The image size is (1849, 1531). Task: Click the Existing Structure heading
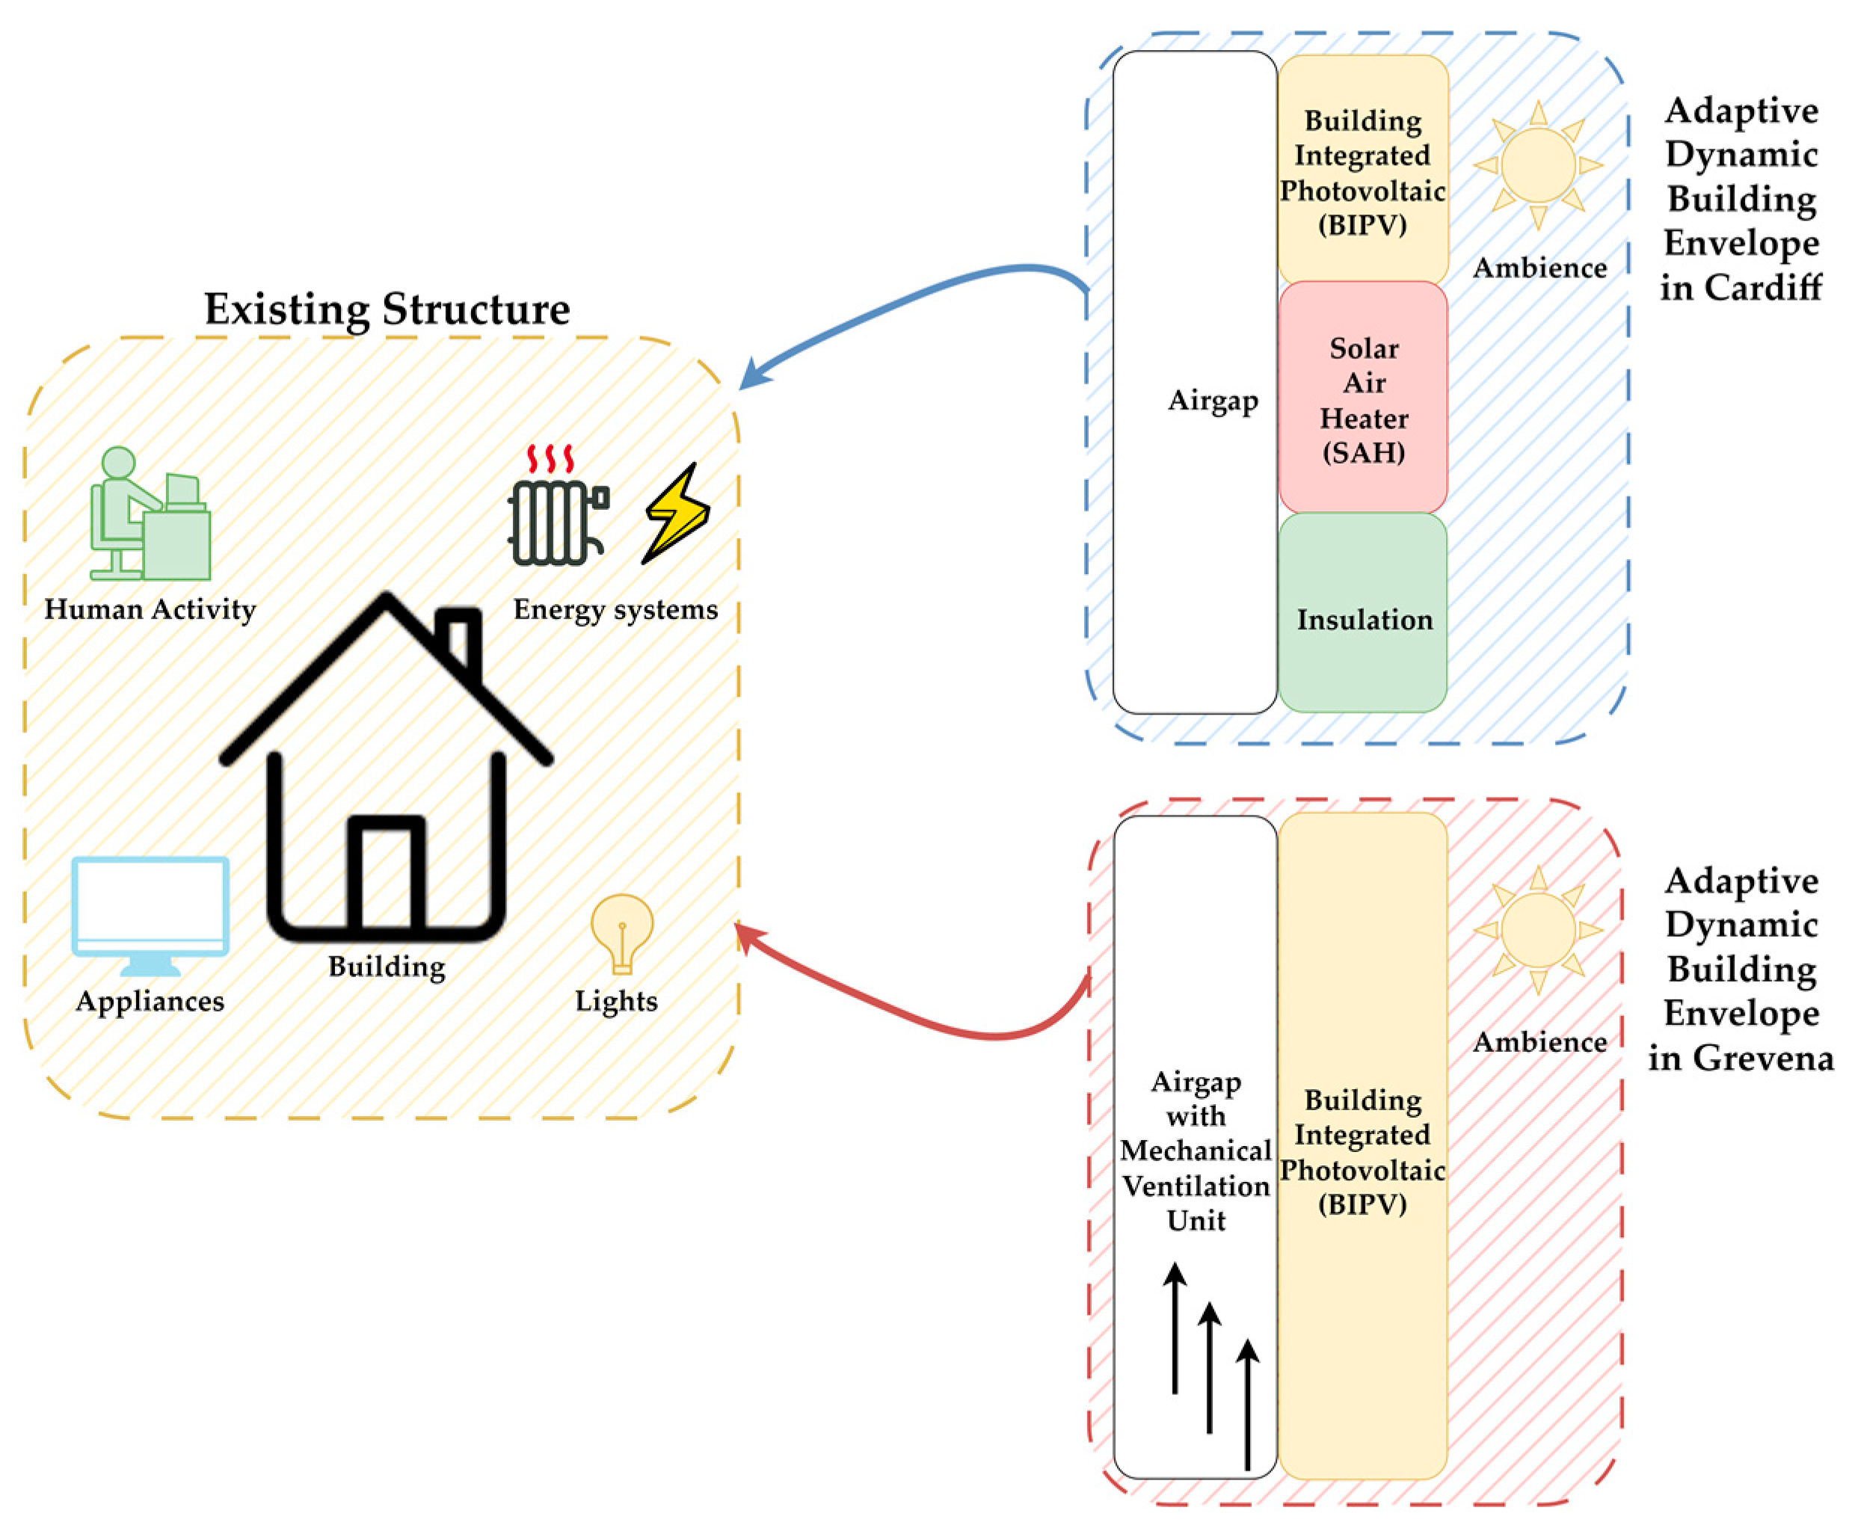(387, 309)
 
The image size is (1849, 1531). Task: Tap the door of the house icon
(387, 872)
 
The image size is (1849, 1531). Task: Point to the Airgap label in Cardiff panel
(1213, 401)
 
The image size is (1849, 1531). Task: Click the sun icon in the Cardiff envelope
(1537, 164)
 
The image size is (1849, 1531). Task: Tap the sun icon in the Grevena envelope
(1537, 930)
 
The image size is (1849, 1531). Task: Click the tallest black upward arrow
(1175, 1329)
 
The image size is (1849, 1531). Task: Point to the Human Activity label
(150, 609)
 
